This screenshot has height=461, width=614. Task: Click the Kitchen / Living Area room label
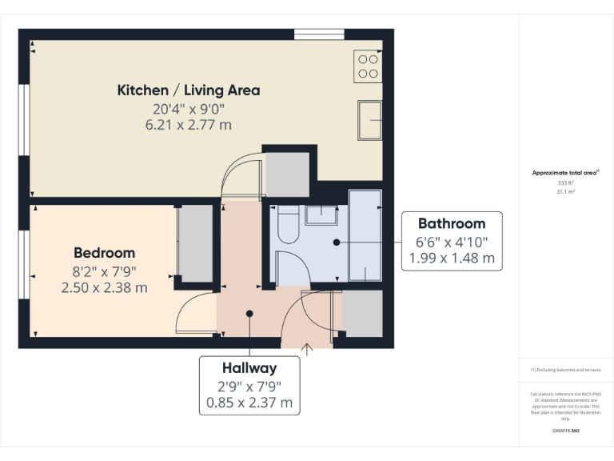[189, 90]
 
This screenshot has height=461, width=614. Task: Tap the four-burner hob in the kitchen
[368, 66]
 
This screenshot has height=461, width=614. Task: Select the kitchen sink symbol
[369, 121]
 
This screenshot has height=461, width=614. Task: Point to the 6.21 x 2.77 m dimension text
[189, 125]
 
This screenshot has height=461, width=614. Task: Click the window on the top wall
[319, 34]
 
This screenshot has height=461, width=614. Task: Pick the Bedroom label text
[104, 253]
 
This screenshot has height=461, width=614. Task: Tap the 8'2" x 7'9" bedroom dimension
[104, 271]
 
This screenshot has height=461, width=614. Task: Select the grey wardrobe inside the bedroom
[195, 243]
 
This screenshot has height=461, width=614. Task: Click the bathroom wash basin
[321, 214]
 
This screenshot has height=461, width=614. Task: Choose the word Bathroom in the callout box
[452, 224]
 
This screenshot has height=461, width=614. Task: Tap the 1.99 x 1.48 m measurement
[452, 259]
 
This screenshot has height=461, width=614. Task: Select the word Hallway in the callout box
[249, 369]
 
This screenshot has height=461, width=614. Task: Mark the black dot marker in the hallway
[249, 315]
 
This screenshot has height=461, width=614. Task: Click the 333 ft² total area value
[565, 182]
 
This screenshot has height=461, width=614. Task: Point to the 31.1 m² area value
[565, 190]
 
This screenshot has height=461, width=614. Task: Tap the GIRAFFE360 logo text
[565, 431]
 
